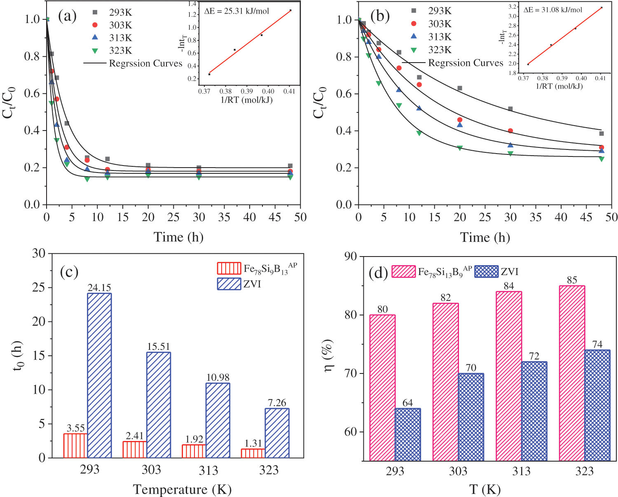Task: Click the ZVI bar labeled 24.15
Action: point(99,375)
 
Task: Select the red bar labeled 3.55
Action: point(75,446)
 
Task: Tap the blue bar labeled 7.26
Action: point(277,433)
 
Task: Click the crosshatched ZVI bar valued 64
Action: point(407,434)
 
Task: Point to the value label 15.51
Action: point(159,347)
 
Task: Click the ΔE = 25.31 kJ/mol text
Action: point(236,11)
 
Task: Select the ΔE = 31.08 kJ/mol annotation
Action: point(553,9)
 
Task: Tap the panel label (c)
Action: point(69,272)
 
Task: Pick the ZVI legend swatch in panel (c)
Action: point(229,284)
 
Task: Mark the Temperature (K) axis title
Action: point(182,490)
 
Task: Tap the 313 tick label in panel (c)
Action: point(208,470)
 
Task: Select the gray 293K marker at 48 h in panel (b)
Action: point(602,133)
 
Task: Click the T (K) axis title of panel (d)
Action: point(485,490)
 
